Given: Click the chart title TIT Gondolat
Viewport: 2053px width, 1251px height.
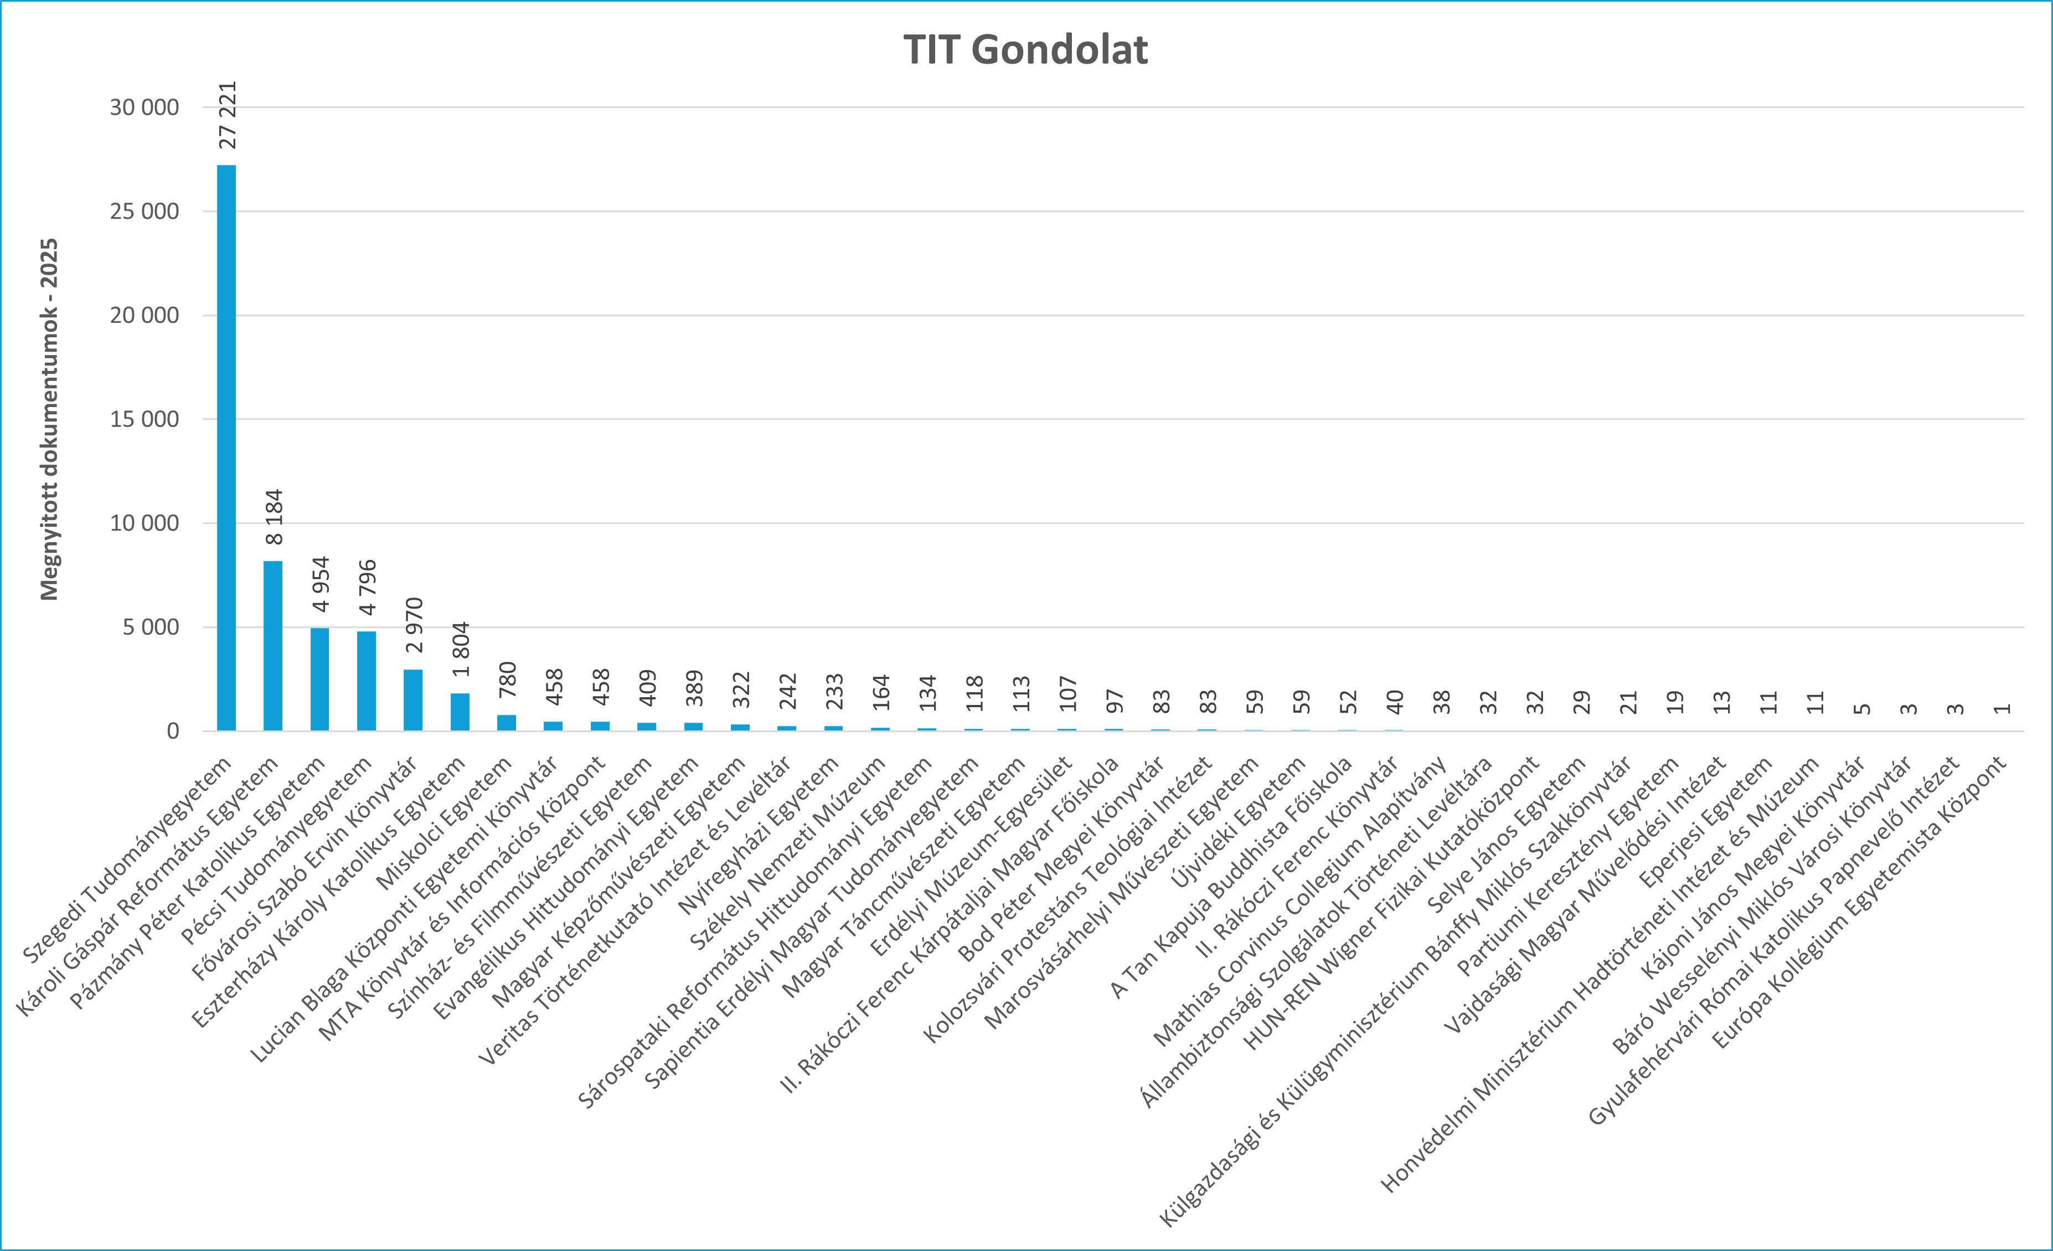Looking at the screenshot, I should pos(1025,50).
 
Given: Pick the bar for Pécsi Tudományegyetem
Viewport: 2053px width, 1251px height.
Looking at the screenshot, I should pos(367,681).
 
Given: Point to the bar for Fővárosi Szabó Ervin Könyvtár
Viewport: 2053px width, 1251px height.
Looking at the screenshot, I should pos(413,700).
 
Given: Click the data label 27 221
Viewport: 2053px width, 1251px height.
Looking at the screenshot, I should pos(228,115).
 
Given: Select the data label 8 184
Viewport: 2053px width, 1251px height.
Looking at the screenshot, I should pos(274,517).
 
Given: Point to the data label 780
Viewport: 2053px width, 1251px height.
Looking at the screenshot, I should pos(507,679).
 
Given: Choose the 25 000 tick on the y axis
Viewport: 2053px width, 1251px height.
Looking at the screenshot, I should pos(144,212).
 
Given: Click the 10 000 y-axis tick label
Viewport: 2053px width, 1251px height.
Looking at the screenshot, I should pos(144,523).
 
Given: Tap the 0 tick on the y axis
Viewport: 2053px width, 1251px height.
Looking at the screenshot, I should pos(173,731).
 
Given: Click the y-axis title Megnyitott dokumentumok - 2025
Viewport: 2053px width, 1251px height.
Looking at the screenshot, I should pos(49,419).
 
